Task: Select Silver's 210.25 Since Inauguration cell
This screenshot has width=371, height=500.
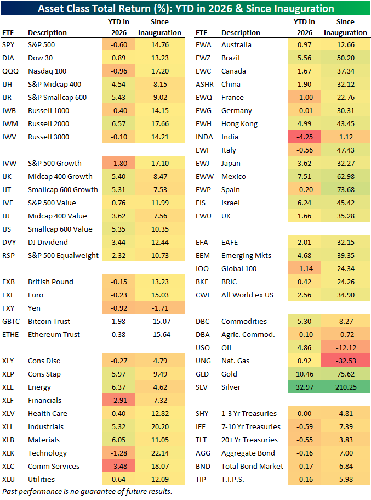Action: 344,387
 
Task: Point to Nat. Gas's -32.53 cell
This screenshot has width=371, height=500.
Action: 345,361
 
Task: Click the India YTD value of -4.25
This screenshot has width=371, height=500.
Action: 304,137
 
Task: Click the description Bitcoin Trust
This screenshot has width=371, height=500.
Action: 49,321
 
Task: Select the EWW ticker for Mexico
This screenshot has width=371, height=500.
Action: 205,176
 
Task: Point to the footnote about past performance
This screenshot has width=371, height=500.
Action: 87,491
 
